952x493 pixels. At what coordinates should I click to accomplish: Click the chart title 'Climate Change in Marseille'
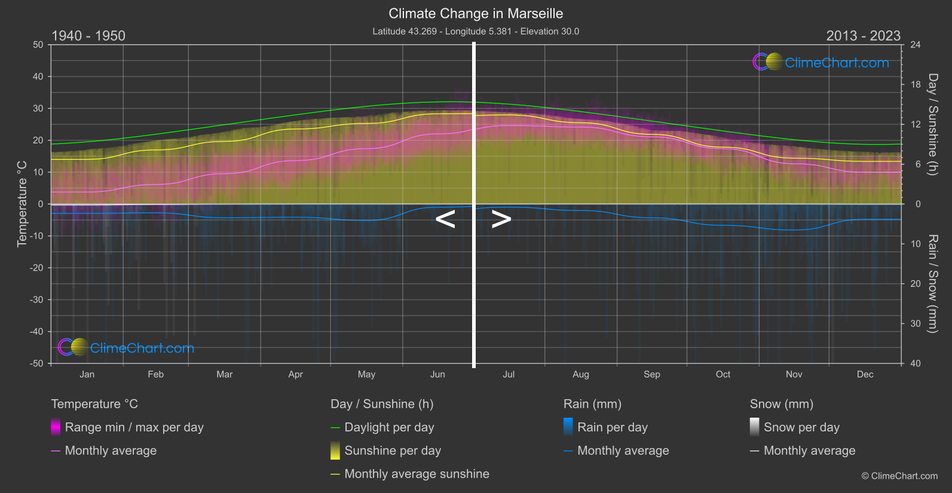pyautogui.click(x=476, y=13)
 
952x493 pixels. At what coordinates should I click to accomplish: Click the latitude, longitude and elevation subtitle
pyautogui.click(x=476, y=31)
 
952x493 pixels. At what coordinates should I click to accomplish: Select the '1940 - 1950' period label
pyautogui.click(x=88, y=36)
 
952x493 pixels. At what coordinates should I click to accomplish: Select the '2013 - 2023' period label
pyautogui.click(x=863, y=36)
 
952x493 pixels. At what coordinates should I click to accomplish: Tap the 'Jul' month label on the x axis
pyautogui.click(x=509, y=374)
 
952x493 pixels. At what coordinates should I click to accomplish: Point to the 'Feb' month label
pyautogui.click(x=155, y=374)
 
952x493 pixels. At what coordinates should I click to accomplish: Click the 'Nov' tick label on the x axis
pyautogui.click(x=794, y=374)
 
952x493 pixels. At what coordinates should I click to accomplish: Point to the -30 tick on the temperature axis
pyautogui.click(x=37, y=299)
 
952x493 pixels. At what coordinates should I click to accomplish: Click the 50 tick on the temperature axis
pyautogui.click(x=38, y=45)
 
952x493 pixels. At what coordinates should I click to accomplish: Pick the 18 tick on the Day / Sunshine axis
pyautogui.click(x=916, y=84)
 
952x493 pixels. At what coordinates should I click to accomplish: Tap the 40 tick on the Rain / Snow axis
pyautogui.click(x=916, y=363)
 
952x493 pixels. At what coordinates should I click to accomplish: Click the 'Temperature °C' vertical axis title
pyautogui.click(x=22, y=203)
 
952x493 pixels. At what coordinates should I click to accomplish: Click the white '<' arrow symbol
pyautogui.click(x=445, y=219)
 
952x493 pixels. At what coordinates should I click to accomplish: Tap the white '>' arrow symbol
pyautogui.click(x=501, y=219)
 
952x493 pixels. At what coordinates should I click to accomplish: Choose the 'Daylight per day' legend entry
pyautogui.click(x=389, y=427)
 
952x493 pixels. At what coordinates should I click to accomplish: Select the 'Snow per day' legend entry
pyautogui.click(x=801, y=427)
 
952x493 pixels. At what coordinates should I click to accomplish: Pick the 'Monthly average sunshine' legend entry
pyautogui.click(x=417, y=474)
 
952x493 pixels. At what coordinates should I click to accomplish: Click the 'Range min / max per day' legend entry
pyautogui.click(x=134, y=427)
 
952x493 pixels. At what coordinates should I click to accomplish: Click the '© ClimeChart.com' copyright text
pyautogui.click(x=899, y=476)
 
